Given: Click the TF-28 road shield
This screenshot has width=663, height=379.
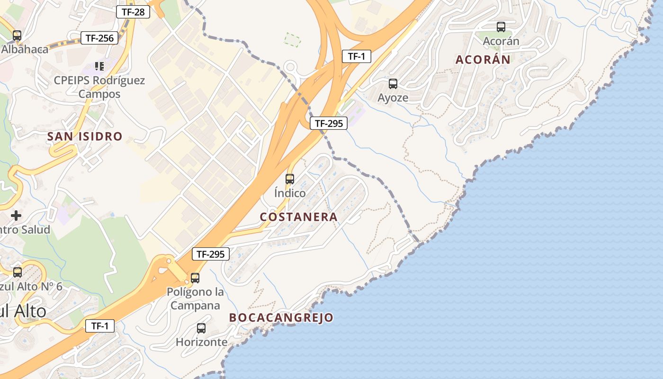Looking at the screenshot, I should [x=133, y=12].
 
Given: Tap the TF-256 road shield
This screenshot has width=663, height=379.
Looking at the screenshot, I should [x=99, y=38].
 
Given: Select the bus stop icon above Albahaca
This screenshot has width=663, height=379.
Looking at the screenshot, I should [x=17, y=35].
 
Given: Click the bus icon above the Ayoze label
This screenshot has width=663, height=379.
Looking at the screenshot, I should [x=393, y=84].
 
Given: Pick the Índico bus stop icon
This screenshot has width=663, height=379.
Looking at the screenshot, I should [x=290, y=179].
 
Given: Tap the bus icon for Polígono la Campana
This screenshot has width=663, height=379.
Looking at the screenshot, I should [x=195, y=278].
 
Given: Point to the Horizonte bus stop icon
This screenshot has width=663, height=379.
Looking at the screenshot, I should [x=201, y=328].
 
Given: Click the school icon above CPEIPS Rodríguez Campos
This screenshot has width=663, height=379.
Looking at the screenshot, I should [x=99, y=66].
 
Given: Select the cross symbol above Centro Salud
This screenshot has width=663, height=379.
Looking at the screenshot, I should [x=16, y=216].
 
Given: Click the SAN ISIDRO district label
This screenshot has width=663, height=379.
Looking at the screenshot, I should [x=85, y=137].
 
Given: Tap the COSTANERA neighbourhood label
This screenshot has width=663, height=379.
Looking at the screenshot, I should [x=299, y=217].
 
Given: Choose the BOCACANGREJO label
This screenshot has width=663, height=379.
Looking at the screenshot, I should [x=281, y=317].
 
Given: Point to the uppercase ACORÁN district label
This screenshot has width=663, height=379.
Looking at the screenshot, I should [x=483, y=60].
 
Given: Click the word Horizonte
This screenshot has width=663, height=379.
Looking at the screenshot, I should [x=201, y=342].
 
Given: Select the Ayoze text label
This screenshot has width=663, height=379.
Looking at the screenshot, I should [x=393, y=98].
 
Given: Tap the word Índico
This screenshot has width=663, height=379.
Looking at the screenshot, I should [x=290, y=193].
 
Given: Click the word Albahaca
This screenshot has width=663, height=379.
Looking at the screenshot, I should [x=25, y=49].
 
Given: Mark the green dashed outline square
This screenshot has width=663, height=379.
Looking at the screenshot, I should [x=292, y=40].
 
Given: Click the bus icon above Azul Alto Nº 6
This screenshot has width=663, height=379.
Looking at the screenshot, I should [x=18, y=272].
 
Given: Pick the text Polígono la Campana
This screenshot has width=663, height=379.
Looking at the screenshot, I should [x=195, y=298].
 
